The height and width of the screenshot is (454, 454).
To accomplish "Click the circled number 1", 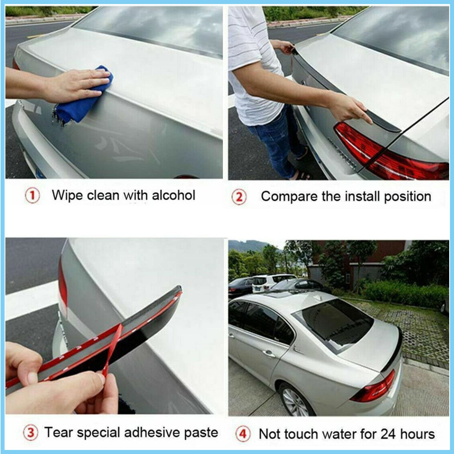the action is [32, 196].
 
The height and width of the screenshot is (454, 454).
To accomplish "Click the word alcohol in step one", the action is [173, 195].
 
